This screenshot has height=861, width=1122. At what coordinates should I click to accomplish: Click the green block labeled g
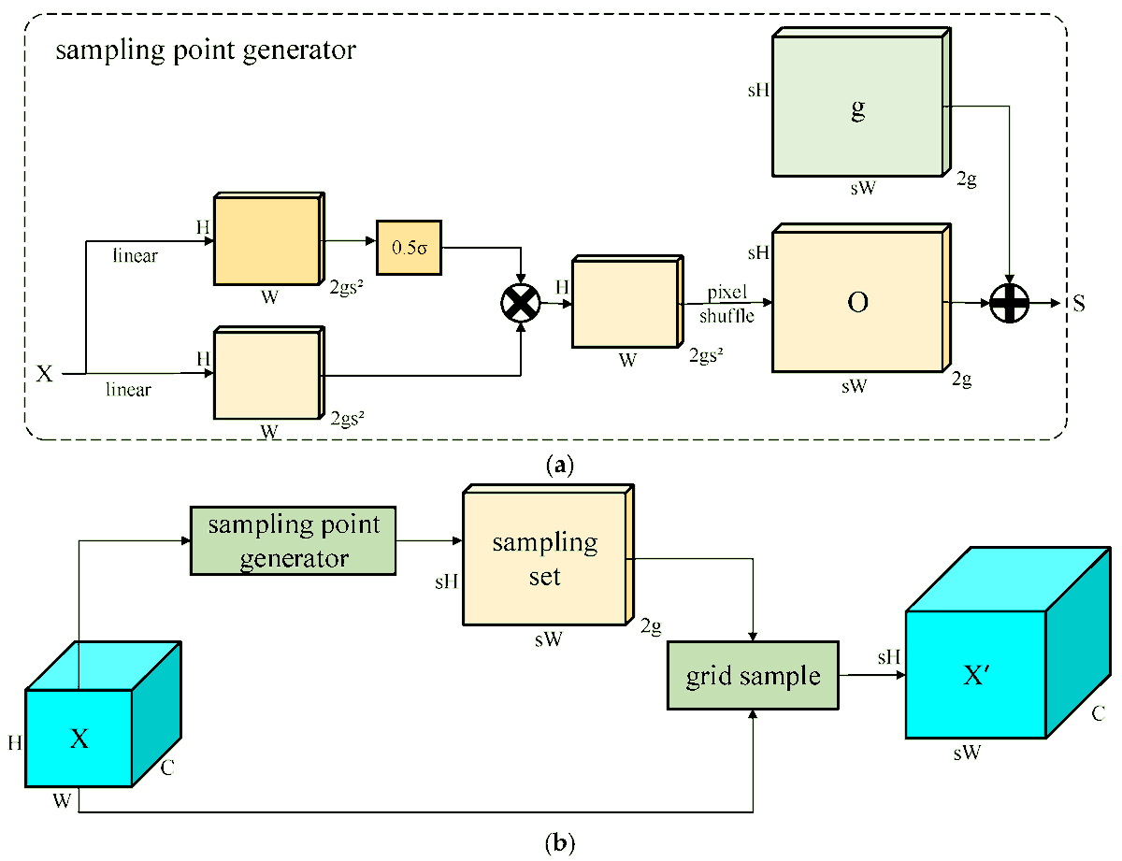point(858,108)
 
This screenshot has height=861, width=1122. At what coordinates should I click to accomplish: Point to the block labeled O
point(858,304)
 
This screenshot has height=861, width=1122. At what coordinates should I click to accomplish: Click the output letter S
point(1078,304)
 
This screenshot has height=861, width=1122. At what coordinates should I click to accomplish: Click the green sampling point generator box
point(294,540)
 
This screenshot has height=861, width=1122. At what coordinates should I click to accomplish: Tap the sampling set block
point(544,558)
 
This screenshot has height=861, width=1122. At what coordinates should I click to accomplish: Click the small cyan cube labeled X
point(79,739)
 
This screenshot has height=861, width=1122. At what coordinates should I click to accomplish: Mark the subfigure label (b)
point(559,844)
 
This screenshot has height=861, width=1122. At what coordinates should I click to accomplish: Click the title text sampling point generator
point(206,50)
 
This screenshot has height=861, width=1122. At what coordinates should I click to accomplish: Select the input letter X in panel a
point(44,374)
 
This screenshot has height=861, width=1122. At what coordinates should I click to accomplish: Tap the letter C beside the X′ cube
point(1098,714)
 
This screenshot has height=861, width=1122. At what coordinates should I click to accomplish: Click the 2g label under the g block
point(966,181)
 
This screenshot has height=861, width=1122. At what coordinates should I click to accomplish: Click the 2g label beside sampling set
point(652,627)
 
